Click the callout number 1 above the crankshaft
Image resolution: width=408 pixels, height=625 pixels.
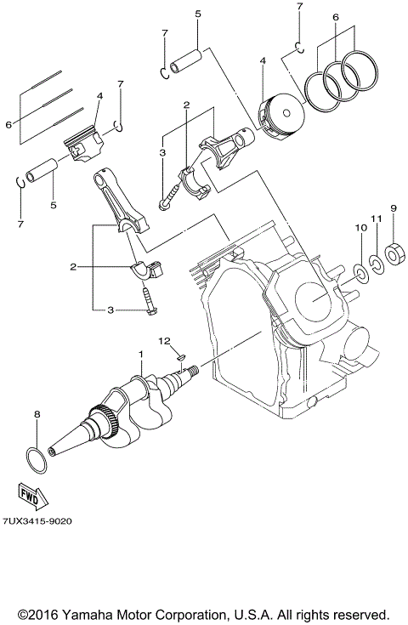click(x=141, y=352)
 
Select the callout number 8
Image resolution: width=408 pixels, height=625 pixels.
click(x=37, y=414)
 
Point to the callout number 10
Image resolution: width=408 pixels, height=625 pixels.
click(x=359, y=228)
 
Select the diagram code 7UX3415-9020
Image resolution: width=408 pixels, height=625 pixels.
click(x=37, y=521)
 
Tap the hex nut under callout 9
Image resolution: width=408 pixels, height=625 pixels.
click(x=393, y=254)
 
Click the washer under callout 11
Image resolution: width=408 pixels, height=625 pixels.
click(x=375, y=261)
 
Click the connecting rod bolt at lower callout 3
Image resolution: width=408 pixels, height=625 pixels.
click(x=149, y=303)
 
